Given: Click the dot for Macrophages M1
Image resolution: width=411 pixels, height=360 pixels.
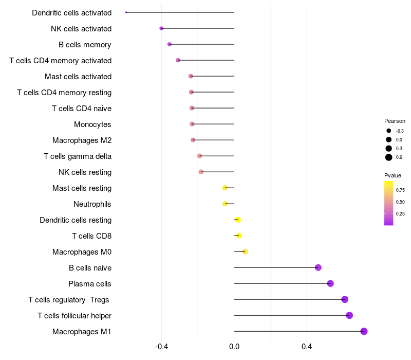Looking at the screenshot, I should pyautogui.click(x=364, y=331).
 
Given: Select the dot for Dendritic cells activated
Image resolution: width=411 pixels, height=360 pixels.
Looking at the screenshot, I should pyautogui.click(x=126, y=12).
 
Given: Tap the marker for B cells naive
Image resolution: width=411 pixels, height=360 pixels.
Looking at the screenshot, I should pyautogui.click(x=318, y=267).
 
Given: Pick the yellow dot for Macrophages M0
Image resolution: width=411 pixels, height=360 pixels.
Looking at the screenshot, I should pyautogui.click(x=245, y=251).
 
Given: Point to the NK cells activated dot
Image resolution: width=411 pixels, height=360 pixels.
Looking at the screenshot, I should pyautogui.click(x=161, y=28).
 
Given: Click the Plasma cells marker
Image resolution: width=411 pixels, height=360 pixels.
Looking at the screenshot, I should pyautogui.click(x=330, y=283).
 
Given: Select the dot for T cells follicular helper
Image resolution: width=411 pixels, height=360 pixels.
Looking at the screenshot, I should pyautogui.click(x=349, y=315).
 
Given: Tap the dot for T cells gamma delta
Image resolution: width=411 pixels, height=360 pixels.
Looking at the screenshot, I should pyautogui.click(x=200, y=156).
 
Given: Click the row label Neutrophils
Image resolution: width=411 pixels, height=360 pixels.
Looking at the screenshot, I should pyautogui.click(x=92, y=204).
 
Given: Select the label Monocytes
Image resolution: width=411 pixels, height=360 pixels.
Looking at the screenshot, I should pyautogui.click(x=92, y=124).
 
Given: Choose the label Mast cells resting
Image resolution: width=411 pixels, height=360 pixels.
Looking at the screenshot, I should pyautogui.click(x=82, y=188).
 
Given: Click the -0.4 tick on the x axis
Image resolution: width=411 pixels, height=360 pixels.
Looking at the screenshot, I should pyautogui.click(x=161, y=347).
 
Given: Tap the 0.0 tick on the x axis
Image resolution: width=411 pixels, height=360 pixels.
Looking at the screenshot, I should pyautogui.click(x=234, y=347).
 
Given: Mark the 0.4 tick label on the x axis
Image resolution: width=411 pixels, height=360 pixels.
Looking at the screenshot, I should pyautogui.click(x=307, y=347).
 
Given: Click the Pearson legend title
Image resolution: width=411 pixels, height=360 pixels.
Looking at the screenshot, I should pyautogui.click(x=395, y=121).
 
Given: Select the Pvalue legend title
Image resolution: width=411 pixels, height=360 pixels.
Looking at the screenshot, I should pyautogui.click(x=393, y=175).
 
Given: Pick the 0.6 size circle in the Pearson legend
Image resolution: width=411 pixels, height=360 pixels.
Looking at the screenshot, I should pyautogui.click(x=389, y=157).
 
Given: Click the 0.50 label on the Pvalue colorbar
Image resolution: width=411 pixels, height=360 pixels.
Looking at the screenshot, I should pyautogui.click(x=400, y=202).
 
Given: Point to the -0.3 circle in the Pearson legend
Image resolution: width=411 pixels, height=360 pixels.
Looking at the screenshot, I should pyautogui.click(x=389, y=131).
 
